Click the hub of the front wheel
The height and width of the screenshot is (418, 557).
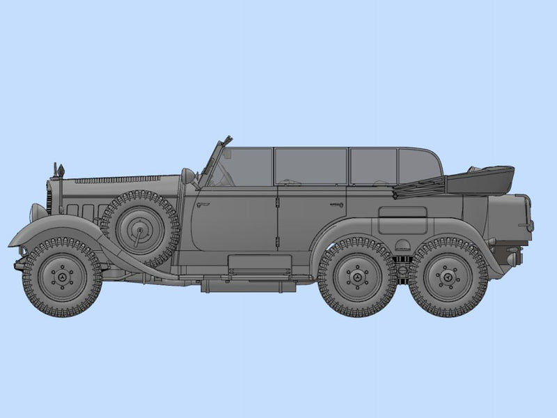[x=62, y=277]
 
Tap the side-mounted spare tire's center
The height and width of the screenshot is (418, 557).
[x=139, y=228]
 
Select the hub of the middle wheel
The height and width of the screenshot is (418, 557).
[x=357, y=277]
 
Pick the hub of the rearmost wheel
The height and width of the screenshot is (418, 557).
[x=448, y=277]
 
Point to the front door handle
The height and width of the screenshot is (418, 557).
[x=203, y=205]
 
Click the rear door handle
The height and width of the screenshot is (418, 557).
[x=336, y=205]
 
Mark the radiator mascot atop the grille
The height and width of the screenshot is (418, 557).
[x=61, y=169]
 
